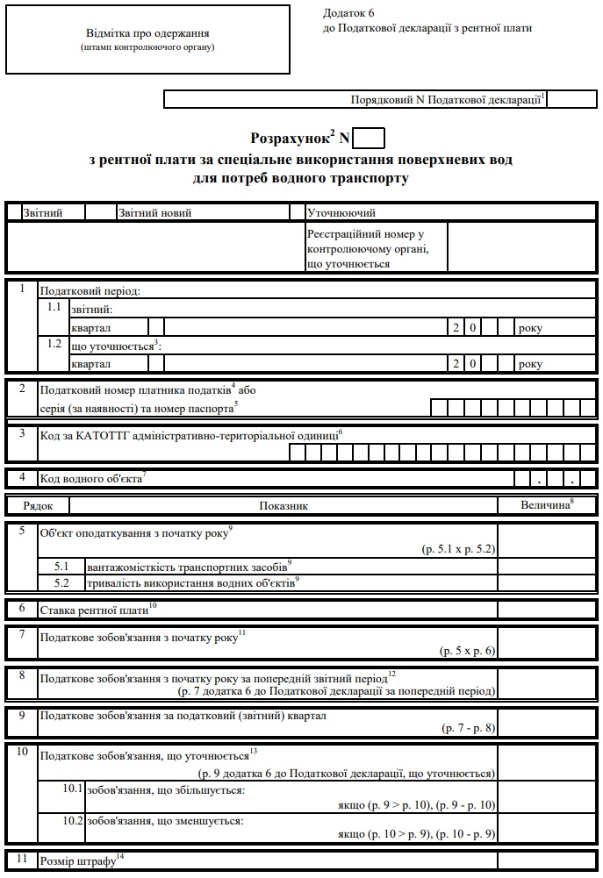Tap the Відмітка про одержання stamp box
(x=147, y=39)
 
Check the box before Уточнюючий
(x=297, y=212)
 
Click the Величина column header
(x=546, y=505)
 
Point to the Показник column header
(x=284, y=506)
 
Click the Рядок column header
(x=38, y=506)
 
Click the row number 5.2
(x=61, y=582)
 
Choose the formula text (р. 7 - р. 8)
(x=468, y=728)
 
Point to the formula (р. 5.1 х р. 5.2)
(x=457, y=548)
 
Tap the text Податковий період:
(x=90, y=290)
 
